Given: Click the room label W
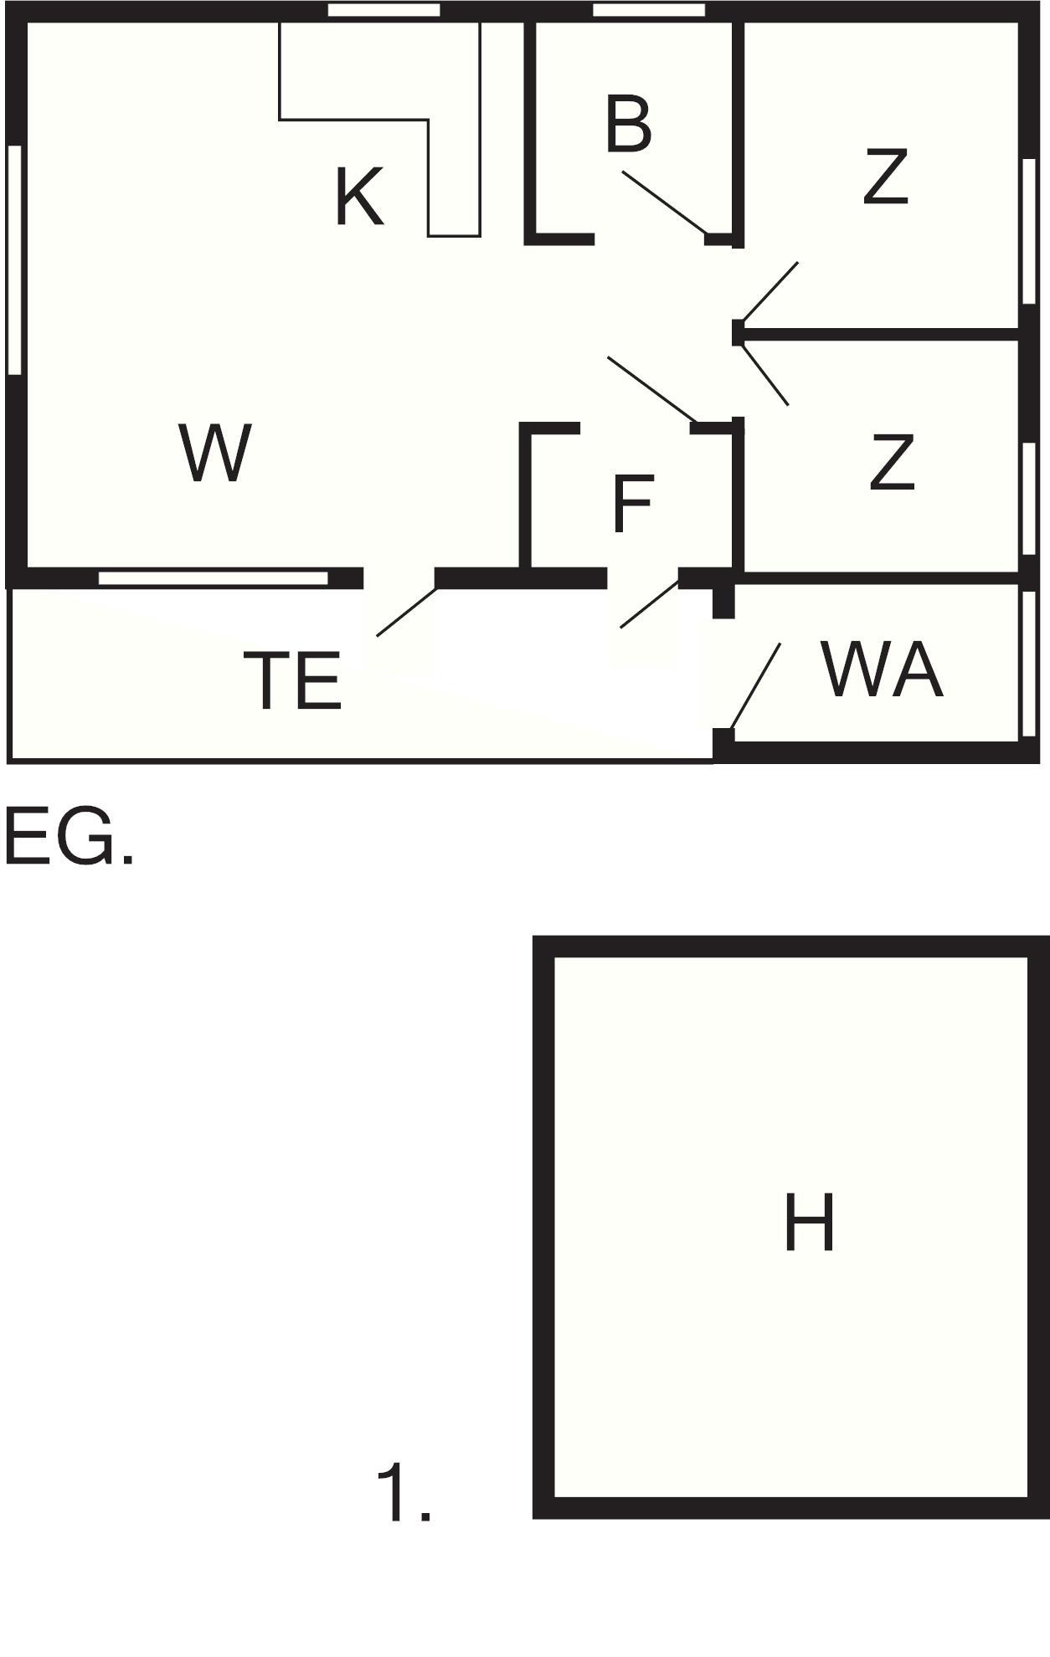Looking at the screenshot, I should tap(215, 454).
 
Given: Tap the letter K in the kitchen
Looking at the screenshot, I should tap(359, 198).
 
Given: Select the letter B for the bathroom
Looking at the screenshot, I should tap(628, 126).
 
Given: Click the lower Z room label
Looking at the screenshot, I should tap(892, 462).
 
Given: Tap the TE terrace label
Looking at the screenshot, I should tap(292, 681).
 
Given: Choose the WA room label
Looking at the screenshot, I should tap(883, 669).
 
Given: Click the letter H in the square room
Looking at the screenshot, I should tap(809, 1224).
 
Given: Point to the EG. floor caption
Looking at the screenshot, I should tap(69, 836).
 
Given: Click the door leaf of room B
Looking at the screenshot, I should tap(664, 202).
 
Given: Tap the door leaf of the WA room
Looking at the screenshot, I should tap(756, 686).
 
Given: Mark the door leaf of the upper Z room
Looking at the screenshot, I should tap(770, 291).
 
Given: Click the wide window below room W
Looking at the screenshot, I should tap(214, 578).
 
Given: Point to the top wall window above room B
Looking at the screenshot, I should tap(649, 10).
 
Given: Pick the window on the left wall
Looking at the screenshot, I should tap(14, 259).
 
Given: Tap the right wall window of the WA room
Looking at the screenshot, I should tap(1027, 661).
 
